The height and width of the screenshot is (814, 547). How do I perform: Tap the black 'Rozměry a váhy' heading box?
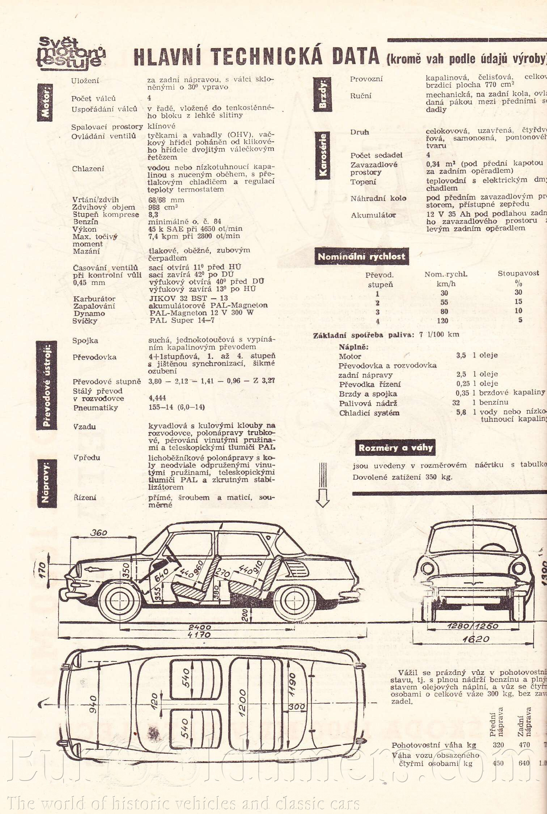tap(395, 448)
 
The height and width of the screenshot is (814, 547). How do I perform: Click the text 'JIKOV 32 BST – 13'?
tap(188, 299)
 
